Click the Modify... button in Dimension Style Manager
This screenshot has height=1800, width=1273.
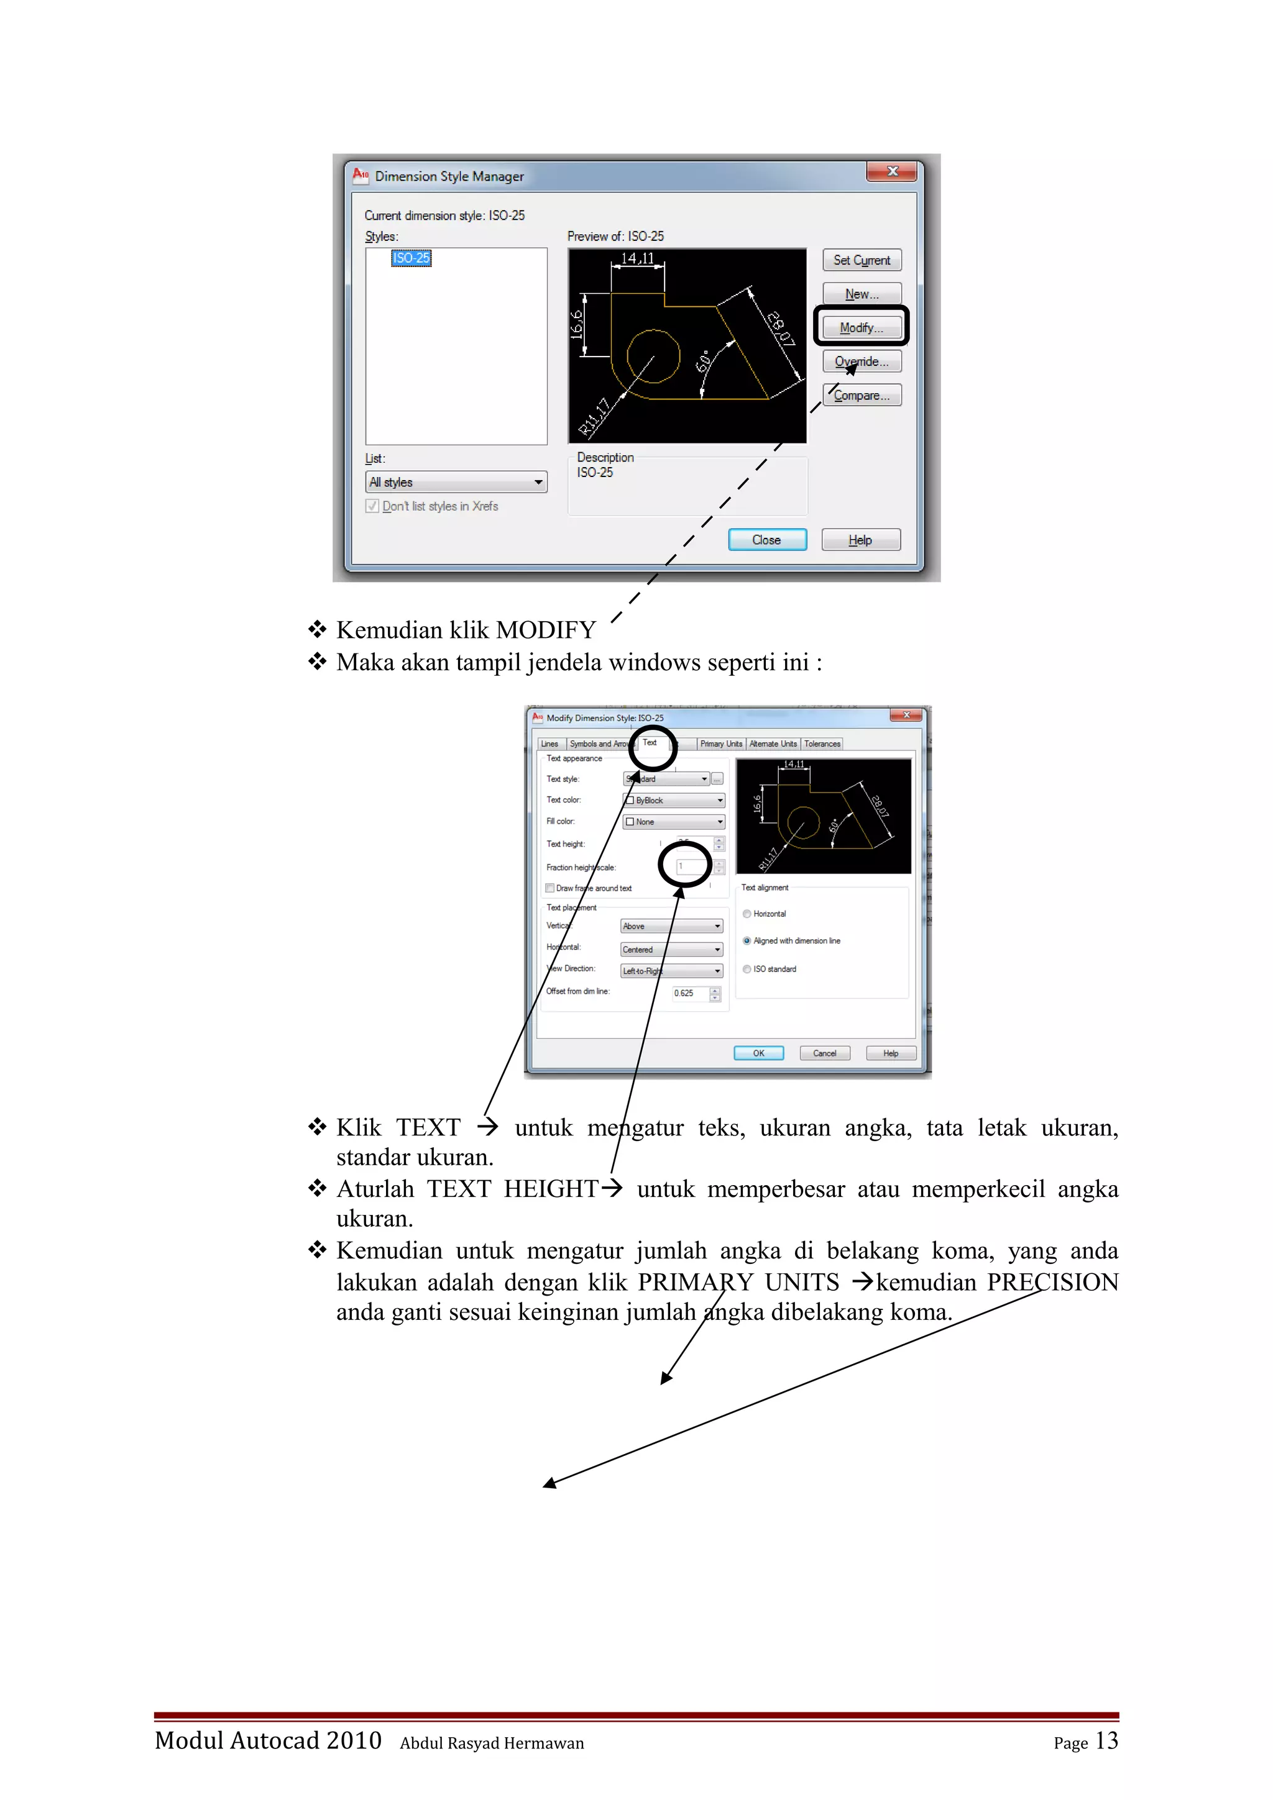click(x=862, y=328)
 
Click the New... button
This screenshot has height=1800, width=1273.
click(x=862, y=294)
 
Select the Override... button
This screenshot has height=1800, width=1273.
click(x=862, y=361)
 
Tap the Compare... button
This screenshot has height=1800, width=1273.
click(x=862, y=395)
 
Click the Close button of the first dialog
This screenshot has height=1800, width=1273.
click(x=766, y=539)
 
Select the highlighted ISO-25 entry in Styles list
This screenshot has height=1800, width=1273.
click(x=411, y=258)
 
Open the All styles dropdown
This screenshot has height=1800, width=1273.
click(x=456, y=482)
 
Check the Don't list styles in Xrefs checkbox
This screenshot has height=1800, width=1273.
click(x=372, y=506)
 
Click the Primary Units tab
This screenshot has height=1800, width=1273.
click(x=720, y=744)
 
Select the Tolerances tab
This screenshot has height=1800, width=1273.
click(x=821, y=744)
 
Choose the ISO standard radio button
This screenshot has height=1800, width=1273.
click(x=747, y=969)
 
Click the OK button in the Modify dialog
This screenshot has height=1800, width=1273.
click(x=758, y=1053)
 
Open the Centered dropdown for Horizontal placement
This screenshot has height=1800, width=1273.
click(x=671, y=950)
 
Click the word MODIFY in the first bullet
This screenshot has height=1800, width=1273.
click(x=546, y=630)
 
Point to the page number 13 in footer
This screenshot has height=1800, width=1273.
click(x=1106, y=1740)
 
